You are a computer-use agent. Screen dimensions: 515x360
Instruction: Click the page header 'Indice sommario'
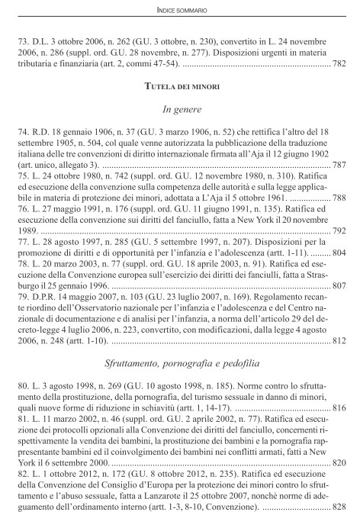(x=180, y=10)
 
